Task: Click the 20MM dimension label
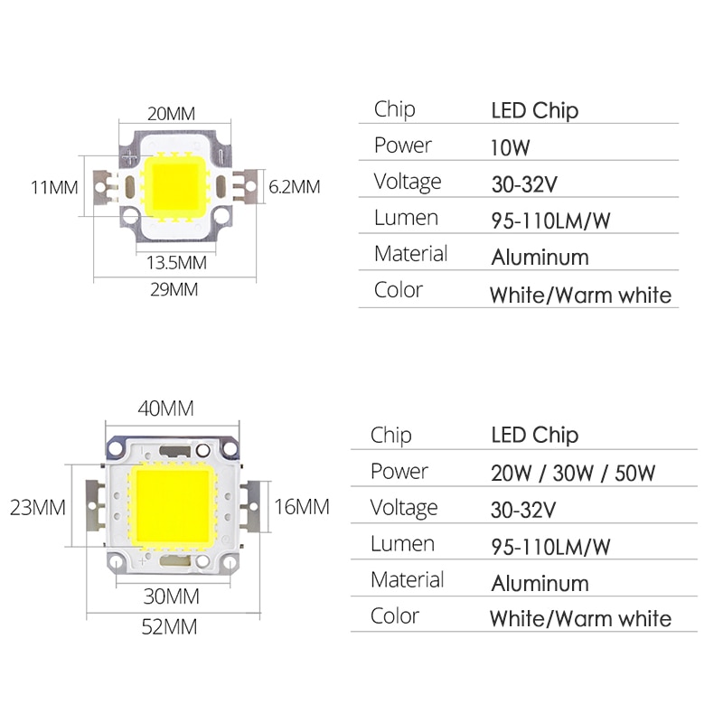click(171, 114)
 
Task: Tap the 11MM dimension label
click(54, 188)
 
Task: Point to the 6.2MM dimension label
click(295, 187)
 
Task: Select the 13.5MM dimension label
click(176, 263)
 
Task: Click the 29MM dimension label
click(174, 289)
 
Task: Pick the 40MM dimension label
click(165, 408)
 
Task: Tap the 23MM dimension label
click(37, 507)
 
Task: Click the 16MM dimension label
click(302, 507)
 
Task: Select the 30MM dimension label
click(171, 596)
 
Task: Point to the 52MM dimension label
click(169, 626)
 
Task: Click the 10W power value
click(510, 147)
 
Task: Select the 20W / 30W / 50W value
click(573, 473)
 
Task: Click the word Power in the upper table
click(402, 146)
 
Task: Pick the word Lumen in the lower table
click(402, 544)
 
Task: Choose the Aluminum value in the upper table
click(540, 258)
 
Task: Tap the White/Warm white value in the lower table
click(580, 619)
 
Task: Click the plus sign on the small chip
click(130, 157)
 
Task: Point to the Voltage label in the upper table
click(408, 182)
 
